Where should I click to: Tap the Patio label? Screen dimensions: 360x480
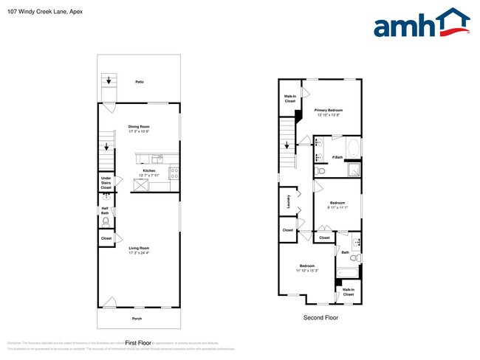[139, 82]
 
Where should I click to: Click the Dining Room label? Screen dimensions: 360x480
[140, 126]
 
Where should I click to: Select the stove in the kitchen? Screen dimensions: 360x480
[174, 173]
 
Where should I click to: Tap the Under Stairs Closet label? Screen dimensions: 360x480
[106, 183]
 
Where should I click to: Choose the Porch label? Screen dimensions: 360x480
[137, 319]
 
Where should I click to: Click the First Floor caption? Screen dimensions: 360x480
[138, 343]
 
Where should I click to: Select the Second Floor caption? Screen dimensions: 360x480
[320, 318]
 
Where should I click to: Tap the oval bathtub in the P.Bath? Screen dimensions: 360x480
[354, 150]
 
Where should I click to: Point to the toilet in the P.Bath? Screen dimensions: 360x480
[319, 171]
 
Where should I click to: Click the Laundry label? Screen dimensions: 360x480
[287, 201]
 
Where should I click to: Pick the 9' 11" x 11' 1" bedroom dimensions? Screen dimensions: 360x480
[337, 207]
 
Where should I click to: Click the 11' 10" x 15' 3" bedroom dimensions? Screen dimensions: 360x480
[306, 270]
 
